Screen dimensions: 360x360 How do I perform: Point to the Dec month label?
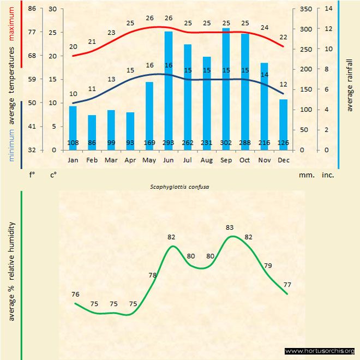(283, 160)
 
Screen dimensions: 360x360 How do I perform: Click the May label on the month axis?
(149, 160)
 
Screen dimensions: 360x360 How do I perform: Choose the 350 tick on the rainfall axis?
(305, 9)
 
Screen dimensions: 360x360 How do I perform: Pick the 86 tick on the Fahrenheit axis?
(32, 9)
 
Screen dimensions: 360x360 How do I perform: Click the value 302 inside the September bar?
(226, 143)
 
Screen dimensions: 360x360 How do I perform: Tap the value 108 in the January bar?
(73, 143)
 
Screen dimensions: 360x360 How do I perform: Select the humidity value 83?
(230, 227)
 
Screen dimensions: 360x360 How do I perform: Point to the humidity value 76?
(75, 295)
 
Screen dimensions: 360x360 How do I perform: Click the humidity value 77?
(287, 285)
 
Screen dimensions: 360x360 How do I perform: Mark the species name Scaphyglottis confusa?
(180, 187)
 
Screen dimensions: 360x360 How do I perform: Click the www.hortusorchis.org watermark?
(320, 351)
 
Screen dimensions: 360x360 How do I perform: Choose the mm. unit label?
(305, 176)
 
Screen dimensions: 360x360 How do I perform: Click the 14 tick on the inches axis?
(328, 9)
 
